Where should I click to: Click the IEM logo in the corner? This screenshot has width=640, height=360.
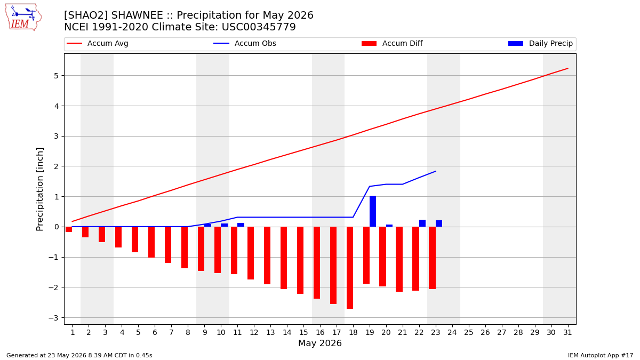23,17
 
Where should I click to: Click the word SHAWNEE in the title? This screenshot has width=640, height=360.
137,15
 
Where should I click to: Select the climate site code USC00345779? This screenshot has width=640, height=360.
259,27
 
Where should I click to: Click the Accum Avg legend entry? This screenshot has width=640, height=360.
98,43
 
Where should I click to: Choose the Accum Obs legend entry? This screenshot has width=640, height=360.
245,43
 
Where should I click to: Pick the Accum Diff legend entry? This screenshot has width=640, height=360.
392,43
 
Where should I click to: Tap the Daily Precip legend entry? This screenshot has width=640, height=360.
540,43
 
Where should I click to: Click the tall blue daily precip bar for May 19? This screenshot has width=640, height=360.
373,211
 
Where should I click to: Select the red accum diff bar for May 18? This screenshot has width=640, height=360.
350,268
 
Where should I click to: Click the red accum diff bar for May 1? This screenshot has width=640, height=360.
69,229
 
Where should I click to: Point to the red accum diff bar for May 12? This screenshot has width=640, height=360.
251,253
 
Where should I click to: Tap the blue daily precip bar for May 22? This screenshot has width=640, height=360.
422,223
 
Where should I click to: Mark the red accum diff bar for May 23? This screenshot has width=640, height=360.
433,258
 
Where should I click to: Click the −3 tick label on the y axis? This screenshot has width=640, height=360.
53,318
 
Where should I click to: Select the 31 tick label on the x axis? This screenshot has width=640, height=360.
567,333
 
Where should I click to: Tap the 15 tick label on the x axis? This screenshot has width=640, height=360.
303,333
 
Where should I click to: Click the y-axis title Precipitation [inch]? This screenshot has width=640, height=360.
39,189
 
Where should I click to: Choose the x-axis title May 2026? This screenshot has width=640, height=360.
320,343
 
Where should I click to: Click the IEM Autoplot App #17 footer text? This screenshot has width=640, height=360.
601,355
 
